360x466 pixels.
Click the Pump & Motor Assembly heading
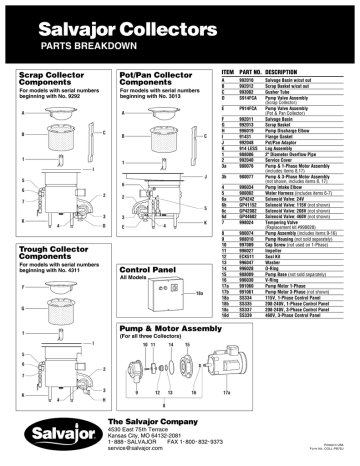175,355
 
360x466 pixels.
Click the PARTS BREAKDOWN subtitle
89,46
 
